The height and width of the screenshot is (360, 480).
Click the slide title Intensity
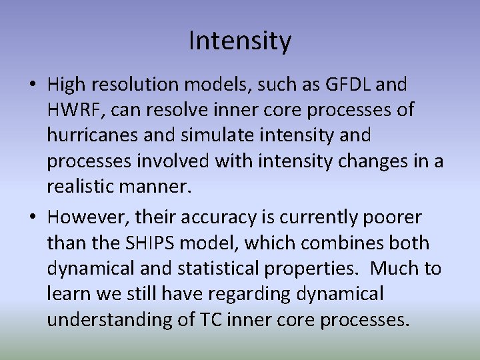pyautogui.click(x=240, y=41)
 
